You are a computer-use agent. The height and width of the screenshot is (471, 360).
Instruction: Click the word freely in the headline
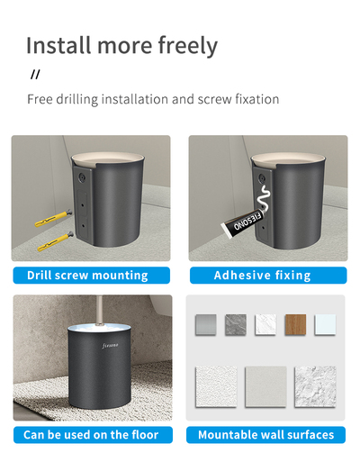click(188, 45)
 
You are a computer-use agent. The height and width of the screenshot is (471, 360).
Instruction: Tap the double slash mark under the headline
click(35, 74)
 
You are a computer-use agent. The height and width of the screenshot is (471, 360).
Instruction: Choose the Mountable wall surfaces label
click(265, 435)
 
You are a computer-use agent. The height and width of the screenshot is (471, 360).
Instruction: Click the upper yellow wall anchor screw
click(53, 218)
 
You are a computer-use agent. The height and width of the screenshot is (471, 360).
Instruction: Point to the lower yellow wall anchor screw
click(56, 241)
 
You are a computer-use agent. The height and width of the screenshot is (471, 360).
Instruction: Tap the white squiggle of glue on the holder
click(263, 197)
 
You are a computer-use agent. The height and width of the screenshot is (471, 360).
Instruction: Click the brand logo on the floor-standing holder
click(110, 346)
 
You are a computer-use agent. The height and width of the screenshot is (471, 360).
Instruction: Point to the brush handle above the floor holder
click(99, 311)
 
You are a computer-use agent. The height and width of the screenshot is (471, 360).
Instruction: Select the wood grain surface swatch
click(295, 325)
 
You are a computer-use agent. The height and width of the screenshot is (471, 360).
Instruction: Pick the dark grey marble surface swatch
click(236, 325)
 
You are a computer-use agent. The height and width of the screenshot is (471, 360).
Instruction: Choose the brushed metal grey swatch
click(206, 325)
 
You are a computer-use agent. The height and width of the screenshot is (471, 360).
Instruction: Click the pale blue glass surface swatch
click(325, 325)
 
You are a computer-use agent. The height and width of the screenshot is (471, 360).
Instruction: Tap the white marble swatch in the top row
click(265, 325)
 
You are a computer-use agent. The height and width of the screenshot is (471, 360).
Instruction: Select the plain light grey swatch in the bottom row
click(265, 387)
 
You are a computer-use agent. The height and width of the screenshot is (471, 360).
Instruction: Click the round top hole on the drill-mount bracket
click(81, 178)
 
